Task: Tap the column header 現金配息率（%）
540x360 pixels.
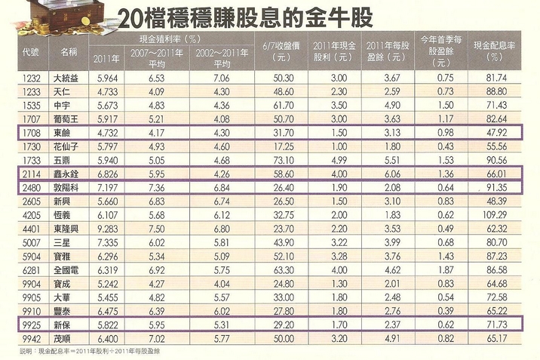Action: pyautogui.click(x=495, y=51)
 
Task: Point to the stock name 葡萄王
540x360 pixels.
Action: pyautogui.click(x=66, y=119)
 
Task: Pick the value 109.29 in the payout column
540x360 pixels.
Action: pyautogui.click(x=495, y=214)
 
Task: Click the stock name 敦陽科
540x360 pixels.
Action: pyautogui.click(x=66, y=187)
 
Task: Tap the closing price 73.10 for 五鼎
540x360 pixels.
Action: pyautogui.click(x=283, y=160)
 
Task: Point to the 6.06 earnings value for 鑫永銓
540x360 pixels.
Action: pyautogui.click(x=391, y=174)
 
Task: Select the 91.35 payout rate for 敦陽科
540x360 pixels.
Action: pyautogui.click(x=495, y=187)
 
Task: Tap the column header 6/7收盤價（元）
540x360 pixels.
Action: pyautogui.click(x=283, y=51)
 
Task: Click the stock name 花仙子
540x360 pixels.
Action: pyautogui.click(x=66, y=146)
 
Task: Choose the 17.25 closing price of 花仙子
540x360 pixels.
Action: pyautogui.click(x=283, y=146)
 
